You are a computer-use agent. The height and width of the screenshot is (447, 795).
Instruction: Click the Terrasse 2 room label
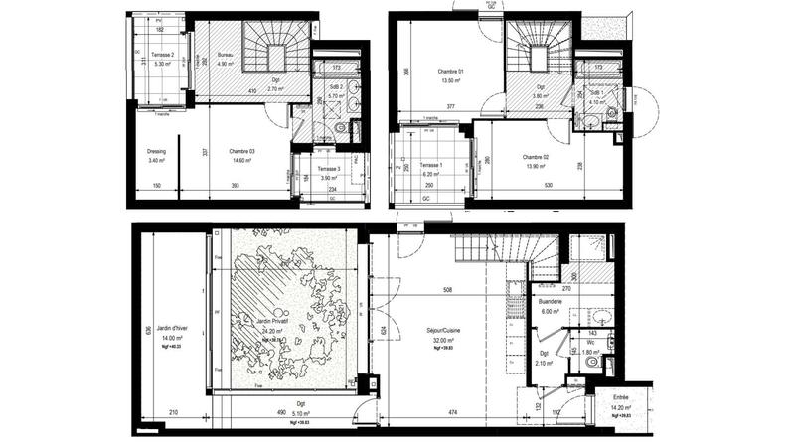coord(162,55)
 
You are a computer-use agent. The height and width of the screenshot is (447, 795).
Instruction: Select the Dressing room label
coord(155,151)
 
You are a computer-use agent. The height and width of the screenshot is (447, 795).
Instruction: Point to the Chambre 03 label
coord(241,151)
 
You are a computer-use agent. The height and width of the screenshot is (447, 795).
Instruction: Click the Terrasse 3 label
coord(329,170)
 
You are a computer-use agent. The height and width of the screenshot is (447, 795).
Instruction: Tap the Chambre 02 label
coord(536,159)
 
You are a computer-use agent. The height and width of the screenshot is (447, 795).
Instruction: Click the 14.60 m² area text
coord(243,160)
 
